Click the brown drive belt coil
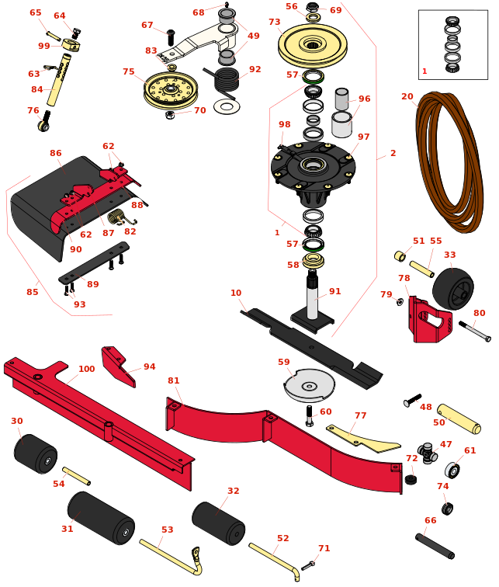tap(450, 163)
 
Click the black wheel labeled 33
tap(453, 288)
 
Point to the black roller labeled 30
tap(36, 453)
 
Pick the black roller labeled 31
tap(101, 517)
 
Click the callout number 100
tap(86, 369)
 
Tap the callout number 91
tap(334, 292)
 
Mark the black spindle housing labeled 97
tap(313, 166)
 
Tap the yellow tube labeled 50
tap(459, 419)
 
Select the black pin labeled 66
tap(435, 545)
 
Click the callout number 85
tap(32, 293)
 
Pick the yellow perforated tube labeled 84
tap(59, 81)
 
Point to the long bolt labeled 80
tap(474, 331)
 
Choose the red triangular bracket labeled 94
tap(119, 365)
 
